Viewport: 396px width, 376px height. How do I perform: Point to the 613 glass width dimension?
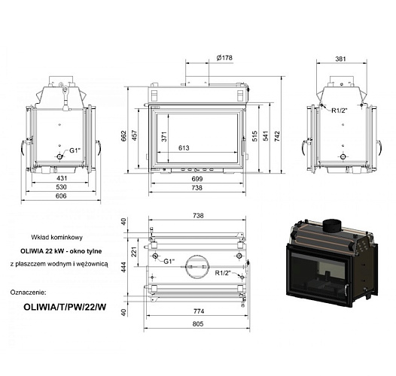(184, 148)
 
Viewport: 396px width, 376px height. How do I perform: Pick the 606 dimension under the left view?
(61, 196)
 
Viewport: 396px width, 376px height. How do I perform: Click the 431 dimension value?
(60, 177)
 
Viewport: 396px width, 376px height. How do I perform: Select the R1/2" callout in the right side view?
(340, 110)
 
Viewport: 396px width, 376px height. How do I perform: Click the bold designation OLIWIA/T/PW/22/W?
(65, 306)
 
